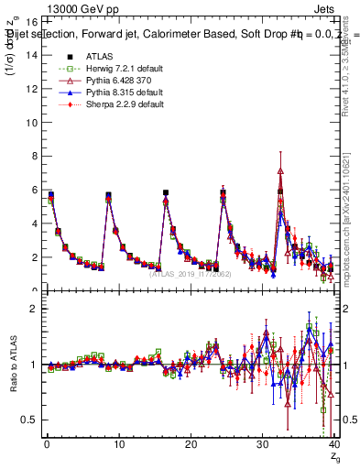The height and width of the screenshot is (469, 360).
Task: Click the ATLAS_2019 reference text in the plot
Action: (190, 274)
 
